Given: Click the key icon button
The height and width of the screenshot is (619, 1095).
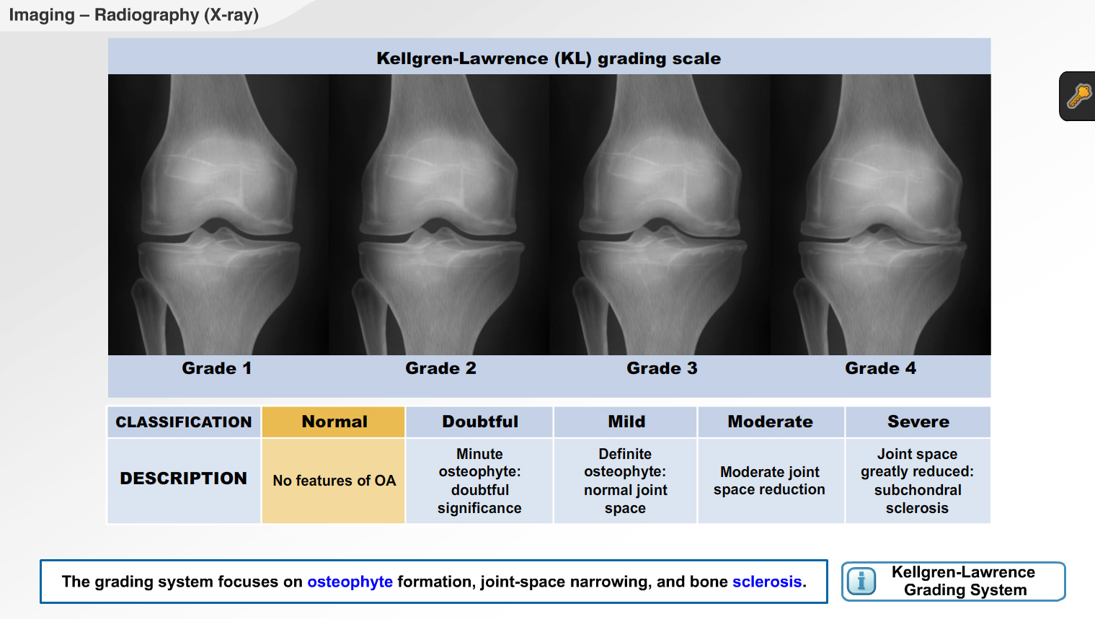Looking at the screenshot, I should pos(1079,96).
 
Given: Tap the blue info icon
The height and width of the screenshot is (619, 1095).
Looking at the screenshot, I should pos(861,581).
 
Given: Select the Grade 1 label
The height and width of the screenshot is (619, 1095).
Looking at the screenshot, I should pos(216,368).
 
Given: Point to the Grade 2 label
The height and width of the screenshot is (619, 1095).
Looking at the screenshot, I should pos(440,368).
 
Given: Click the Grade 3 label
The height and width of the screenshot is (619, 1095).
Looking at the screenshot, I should pos(662,368).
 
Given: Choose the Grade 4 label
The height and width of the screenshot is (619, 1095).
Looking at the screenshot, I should pos(880,368).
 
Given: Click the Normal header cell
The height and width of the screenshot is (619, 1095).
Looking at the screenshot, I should pos(334,422).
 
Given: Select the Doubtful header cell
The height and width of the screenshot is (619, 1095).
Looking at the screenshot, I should pos(480,422).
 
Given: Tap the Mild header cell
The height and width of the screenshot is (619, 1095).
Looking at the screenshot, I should pos(626,422).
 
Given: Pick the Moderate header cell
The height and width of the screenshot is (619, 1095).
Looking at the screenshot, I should pos(770,422).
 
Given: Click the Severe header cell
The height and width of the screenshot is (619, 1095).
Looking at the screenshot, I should pos(918,422).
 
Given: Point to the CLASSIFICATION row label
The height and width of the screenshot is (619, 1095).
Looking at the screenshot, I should pos(184,422).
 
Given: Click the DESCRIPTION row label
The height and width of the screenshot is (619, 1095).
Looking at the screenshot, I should pos(184,478).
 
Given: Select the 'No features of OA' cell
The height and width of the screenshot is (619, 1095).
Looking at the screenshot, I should pos(334,481).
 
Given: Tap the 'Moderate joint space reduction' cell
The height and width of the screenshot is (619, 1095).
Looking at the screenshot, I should pos(770,481).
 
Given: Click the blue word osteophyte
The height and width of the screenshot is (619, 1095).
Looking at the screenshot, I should pos(350,582).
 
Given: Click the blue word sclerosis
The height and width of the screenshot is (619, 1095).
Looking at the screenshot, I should pos(766,582).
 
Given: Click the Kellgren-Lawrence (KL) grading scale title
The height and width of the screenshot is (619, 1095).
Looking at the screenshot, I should pos(549,58).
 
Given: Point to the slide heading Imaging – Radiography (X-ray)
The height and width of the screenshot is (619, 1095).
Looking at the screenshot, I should pos(134,15).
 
